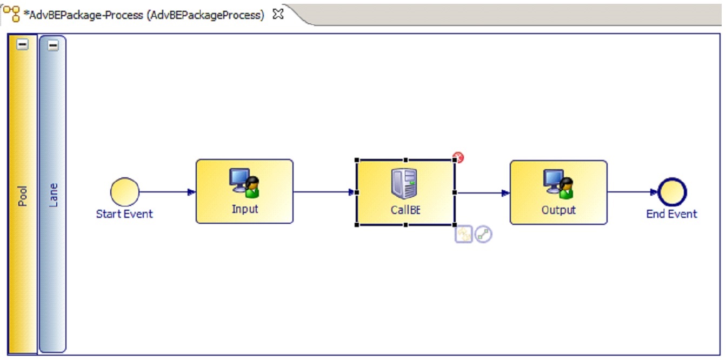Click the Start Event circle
[x=125, y=192]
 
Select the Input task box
[x=245, y=191]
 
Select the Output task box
[x=558, y=192]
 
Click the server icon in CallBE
[x=404, y=183]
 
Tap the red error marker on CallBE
[x=458, y=157]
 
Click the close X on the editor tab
[x=278, y=14]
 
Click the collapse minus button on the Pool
[x=22, y=44]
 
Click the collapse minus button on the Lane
[x=53, y=45]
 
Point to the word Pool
[x=22, y=196]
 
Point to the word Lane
[x=53, y=195]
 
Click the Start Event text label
[x=124, y=214]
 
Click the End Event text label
[x=671, y=214]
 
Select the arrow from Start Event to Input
[x=168, y=192]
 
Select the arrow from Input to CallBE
[x=325, y=192]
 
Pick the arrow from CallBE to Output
[x=483, y=193]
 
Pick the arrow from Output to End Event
[x=632, y=192]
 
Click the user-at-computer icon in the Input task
[x=244, y=183]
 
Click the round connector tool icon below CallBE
[x=483, y=234]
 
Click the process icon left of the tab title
[x=12, y=14]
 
